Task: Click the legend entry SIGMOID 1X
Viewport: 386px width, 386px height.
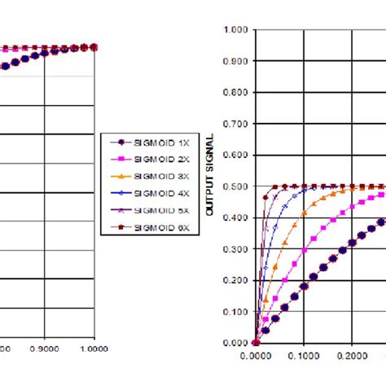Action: click(x=146, y=139)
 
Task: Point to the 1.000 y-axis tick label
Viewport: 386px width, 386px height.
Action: click(x=235, y=30)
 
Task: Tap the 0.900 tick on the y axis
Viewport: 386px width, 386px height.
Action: click(x=235, y=61)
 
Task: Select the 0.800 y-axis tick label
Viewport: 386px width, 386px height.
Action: click(x=235, y=93)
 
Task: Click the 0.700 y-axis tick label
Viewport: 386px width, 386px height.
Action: click(x=235, y=124)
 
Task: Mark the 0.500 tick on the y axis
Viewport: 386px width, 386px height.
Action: click(x=235, y=186)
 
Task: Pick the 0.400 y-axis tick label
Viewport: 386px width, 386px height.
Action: click(x=235, y=217)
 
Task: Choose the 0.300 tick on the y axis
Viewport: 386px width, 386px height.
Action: click(x=235, y=249)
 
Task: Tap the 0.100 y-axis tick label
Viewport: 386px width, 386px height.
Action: click(x=235, y=312)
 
